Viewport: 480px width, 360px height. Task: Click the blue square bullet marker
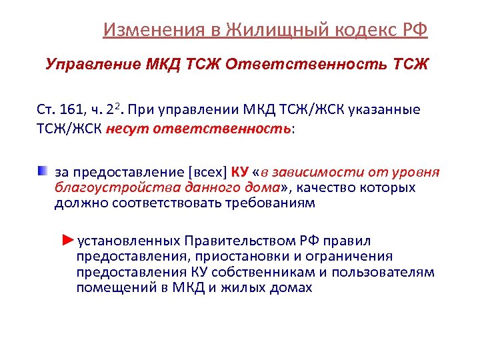pos(43,171)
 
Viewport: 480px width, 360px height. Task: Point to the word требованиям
pos(267,203)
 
